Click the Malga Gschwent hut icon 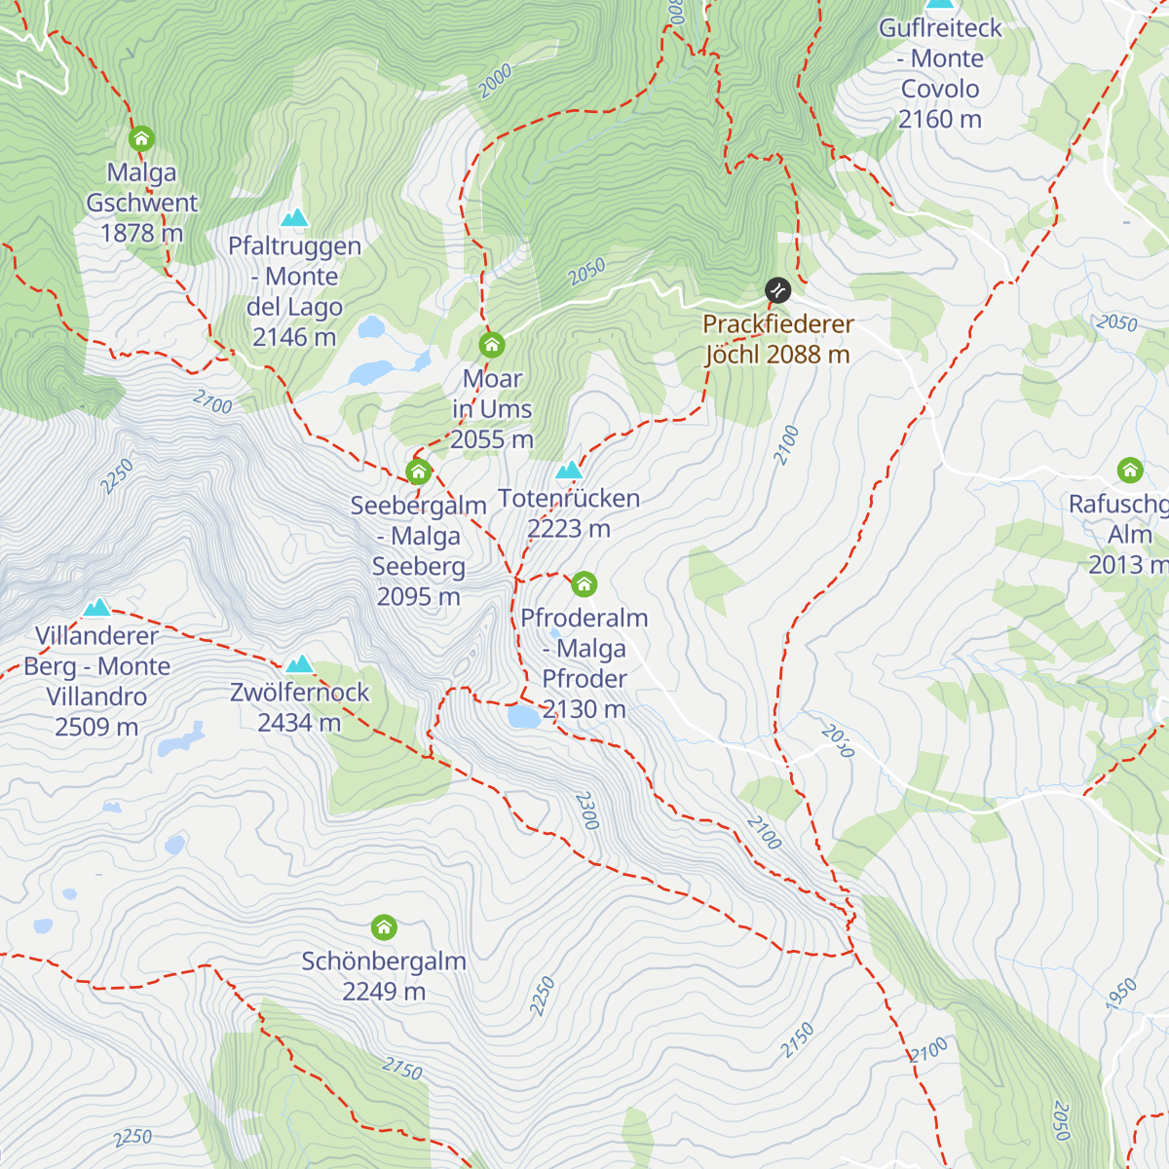141,137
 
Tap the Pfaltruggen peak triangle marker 294,217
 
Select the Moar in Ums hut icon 492,345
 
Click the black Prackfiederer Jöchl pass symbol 777,289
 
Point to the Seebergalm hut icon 419,472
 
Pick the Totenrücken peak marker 569,471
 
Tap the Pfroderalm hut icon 584,584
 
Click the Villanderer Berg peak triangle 96,609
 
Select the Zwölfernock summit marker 299,664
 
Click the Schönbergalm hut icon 384,926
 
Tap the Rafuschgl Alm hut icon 1130,471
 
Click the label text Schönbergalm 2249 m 384,976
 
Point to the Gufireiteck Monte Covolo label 940,73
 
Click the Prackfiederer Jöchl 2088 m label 777,339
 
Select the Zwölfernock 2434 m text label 299,707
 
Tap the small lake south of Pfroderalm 523,718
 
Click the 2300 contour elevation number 586,811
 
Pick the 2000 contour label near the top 495,81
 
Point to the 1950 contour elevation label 1121,993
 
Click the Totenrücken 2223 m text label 569,513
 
